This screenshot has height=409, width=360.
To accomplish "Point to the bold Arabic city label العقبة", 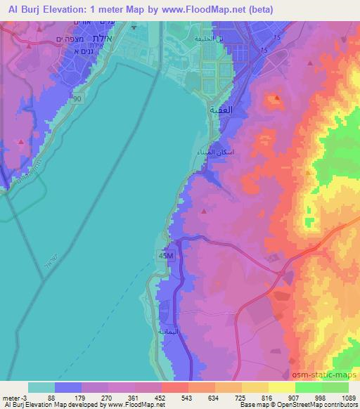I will [221, 110].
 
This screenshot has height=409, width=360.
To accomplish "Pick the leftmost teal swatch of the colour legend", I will [41, 387].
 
